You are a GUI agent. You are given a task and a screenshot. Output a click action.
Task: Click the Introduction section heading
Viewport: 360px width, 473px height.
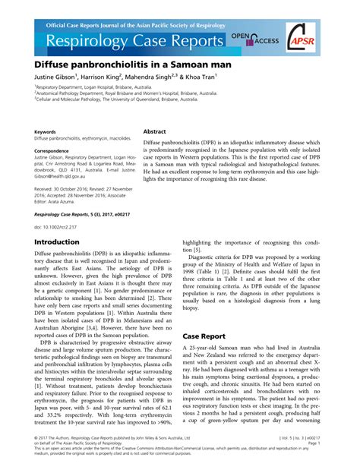pyautogui.click(x=63, y=242)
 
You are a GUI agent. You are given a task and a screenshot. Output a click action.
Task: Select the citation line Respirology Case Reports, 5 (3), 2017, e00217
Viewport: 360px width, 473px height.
pyautogui.click(x=87, y=215)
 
